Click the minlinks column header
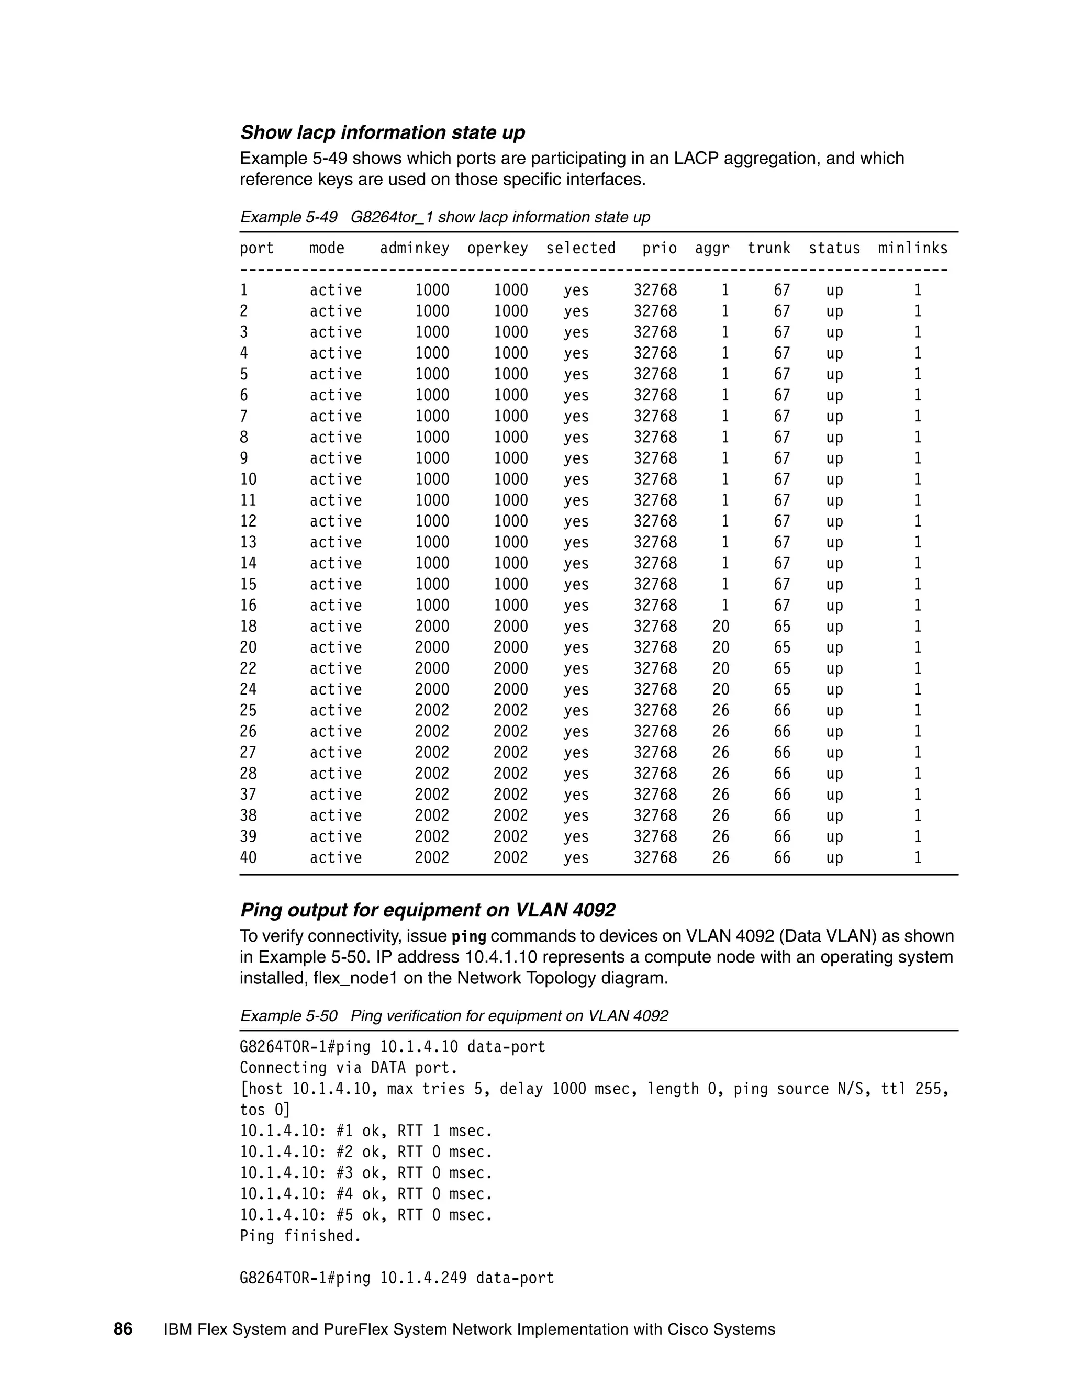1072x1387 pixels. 912,248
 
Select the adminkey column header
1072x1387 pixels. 414,248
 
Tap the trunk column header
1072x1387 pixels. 768,248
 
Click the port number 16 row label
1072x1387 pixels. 248,605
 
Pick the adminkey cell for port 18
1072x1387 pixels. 431,626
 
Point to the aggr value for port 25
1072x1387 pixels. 720,710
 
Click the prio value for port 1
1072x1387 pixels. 655,290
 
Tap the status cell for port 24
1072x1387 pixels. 834,689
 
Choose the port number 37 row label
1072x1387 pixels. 248,795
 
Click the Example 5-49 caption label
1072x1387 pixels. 288,217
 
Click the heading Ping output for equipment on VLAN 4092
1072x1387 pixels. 428,910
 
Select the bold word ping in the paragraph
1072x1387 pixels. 468,937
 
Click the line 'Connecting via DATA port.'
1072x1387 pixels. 349,1068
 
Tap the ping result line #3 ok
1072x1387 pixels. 366,1173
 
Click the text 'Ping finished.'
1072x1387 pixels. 300,1236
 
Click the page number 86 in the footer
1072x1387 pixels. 123,1329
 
